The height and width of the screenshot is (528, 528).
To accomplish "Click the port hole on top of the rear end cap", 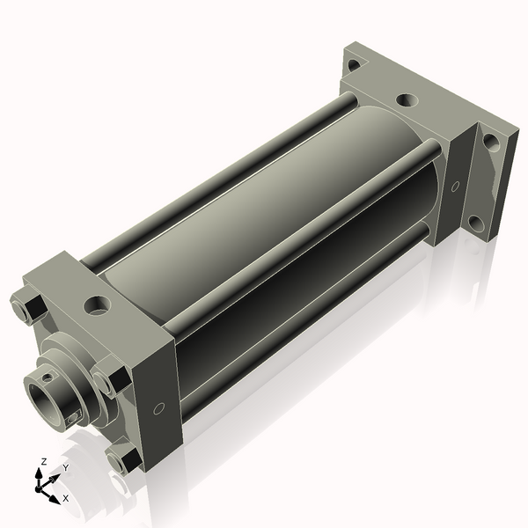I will [x=407, y=100].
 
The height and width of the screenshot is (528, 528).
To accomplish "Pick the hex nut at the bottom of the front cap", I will [x=123, y=458].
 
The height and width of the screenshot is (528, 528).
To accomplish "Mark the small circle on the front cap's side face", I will [x=158, y=408].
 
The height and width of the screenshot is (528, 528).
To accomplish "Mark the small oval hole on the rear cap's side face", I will [x=455, y=187].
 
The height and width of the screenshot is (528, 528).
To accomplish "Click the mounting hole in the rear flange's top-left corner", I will [x=353, y=64].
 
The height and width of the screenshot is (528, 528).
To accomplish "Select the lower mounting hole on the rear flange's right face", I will [x=474, y=222].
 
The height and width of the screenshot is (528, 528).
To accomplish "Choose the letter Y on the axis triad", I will [x=65, y=468].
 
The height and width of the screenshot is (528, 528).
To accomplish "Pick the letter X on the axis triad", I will [x=65, y=498].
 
